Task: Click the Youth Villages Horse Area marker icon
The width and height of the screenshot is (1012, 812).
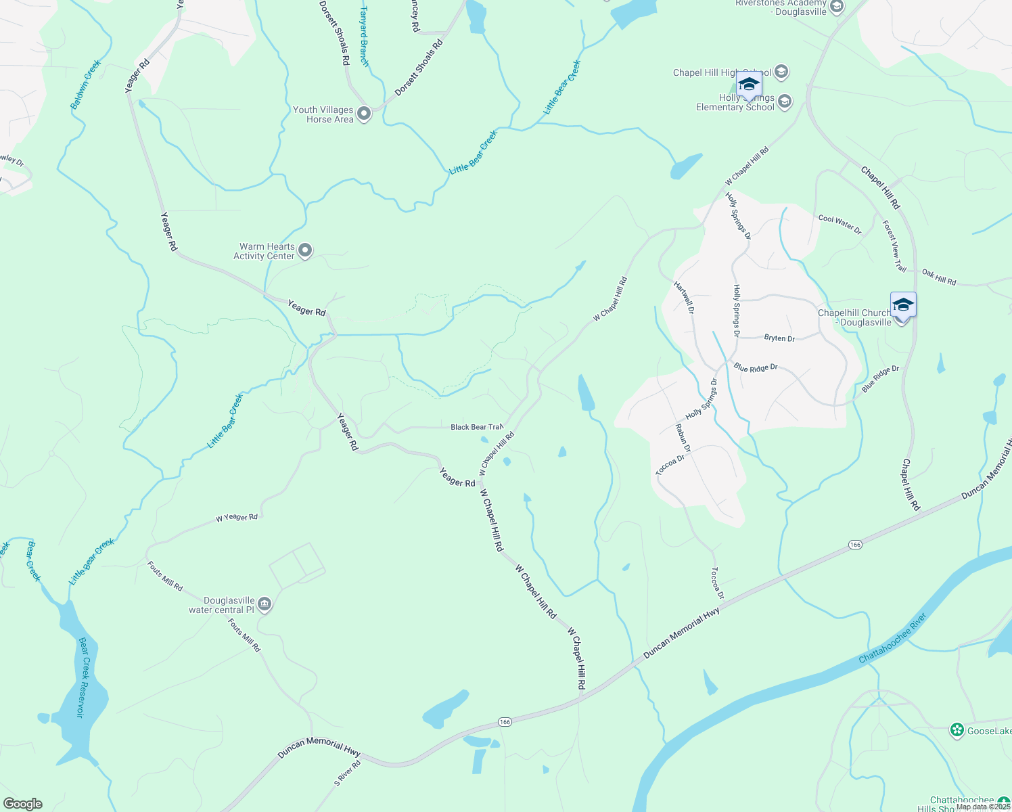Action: [x=364, y=114]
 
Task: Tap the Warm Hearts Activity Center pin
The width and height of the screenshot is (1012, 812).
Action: [x=305, y=251]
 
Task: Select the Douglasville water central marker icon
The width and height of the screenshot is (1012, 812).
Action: [x=264, y=604]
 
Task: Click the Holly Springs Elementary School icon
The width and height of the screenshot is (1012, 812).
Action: [x=785, y=102]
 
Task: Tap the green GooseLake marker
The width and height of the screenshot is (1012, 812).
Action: [x=957, y=730]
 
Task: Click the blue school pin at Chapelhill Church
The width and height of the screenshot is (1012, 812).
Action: [x=903, y=306]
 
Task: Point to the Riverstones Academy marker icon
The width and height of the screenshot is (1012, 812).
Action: [x=836, y=7]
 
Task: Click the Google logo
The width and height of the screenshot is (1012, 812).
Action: [x=23, y=804]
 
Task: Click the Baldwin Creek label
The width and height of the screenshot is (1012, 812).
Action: [x=86, y=85]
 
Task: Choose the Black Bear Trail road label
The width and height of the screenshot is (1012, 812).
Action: [x=476, y=427]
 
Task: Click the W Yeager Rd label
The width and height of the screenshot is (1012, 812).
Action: [x=237, y=518]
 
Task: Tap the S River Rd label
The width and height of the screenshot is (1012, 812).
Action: [x=348, y=773]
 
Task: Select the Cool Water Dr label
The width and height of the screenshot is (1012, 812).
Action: [x=839, y=224]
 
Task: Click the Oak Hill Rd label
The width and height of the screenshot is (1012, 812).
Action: [x=939, y=277]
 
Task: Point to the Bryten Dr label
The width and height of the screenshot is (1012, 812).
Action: [x=779, y=338]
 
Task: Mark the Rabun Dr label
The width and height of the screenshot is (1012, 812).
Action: [x=683, y=438]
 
